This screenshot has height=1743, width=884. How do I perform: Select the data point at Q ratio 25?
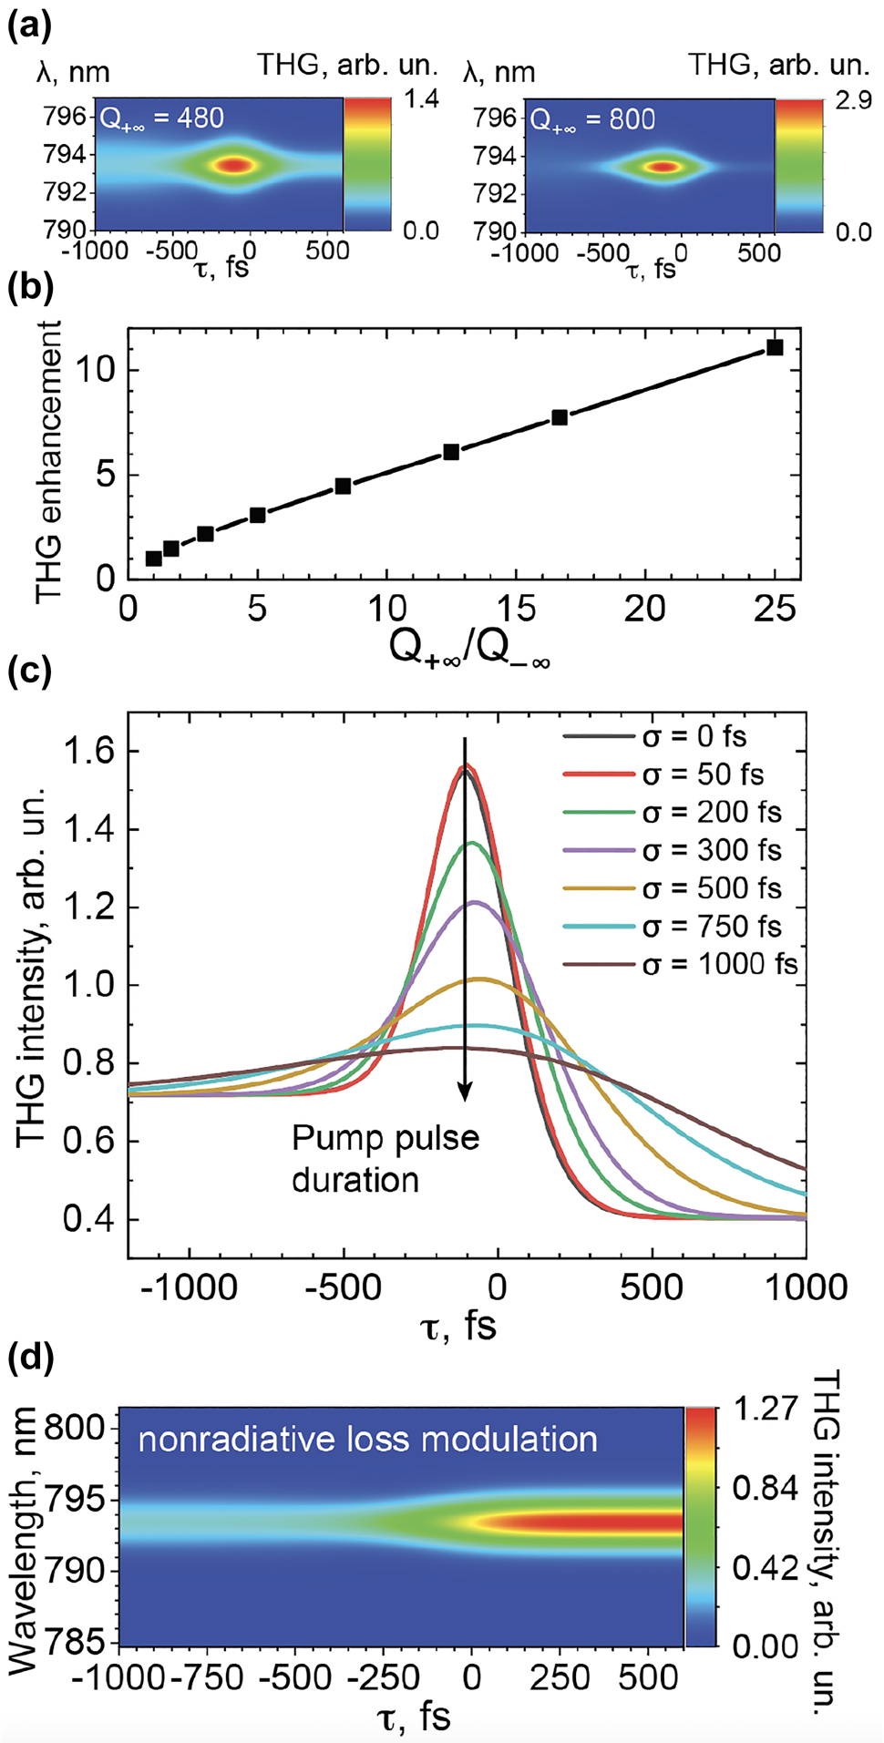tap(775, 347)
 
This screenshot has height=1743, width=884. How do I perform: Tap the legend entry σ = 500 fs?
tap(712, 888)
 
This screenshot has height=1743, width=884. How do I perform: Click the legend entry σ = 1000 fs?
tap(720, 964)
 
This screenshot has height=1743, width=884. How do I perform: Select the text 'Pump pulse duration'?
tap(385, 1159)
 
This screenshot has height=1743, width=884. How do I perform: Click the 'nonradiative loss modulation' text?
tap(367, 1440)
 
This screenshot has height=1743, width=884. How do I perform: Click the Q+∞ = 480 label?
tap(161, 118)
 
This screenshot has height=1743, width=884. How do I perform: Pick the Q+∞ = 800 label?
tap(592, 119)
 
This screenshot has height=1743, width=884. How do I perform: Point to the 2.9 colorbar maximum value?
tap(853, 100)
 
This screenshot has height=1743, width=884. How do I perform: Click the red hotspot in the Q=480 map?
tap(235, 166)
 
